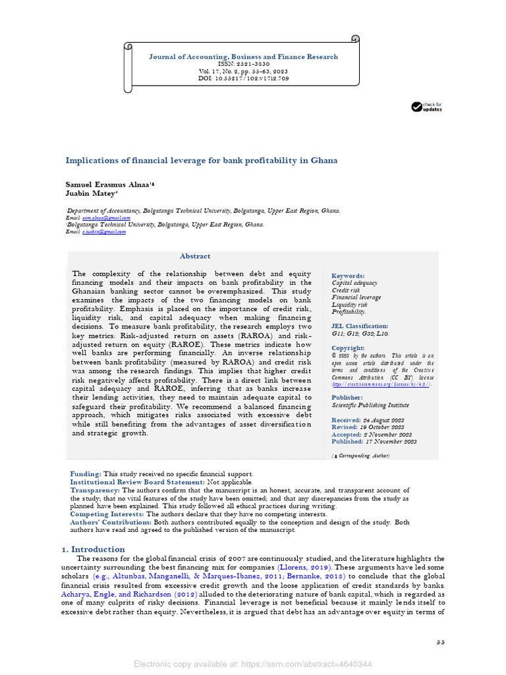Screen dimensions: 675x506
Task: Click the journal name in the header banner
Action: tap(243, 57)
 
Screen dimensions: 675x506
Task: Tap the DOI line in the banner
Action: tap(243, 78)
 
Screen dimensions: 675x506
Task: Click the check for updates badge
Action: tap(427, 107)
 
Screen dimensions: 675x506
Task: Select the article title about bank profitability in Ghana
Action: tap(202, 160)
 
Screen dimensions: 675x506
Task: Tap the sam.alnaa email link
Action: tap(107, 218)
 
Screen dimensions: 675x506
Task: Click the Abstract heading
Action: tap(195, 256)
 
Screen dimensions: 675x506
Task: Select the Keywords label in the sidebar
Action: tap(348, 276)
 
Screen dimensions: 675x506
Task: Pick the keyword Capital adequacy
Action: tap(354, 283)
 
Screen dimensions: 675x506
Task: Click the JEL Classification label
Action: tap(360, 326)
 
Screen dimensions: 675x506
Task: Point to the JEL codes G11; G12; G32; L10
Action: tap(360, 334)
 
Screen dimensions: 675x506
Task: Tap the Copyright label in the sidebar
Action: tap(348, 348)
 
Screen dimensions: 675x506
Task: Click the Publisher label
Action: tap(347, 397)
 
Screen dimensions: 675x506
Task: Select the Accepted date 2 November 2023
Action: tap(374, 434)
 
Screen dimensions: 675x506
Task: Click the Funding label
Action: tap(86, 474)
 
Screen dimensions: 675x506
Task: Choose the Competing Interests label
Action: tap(107, 514)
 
